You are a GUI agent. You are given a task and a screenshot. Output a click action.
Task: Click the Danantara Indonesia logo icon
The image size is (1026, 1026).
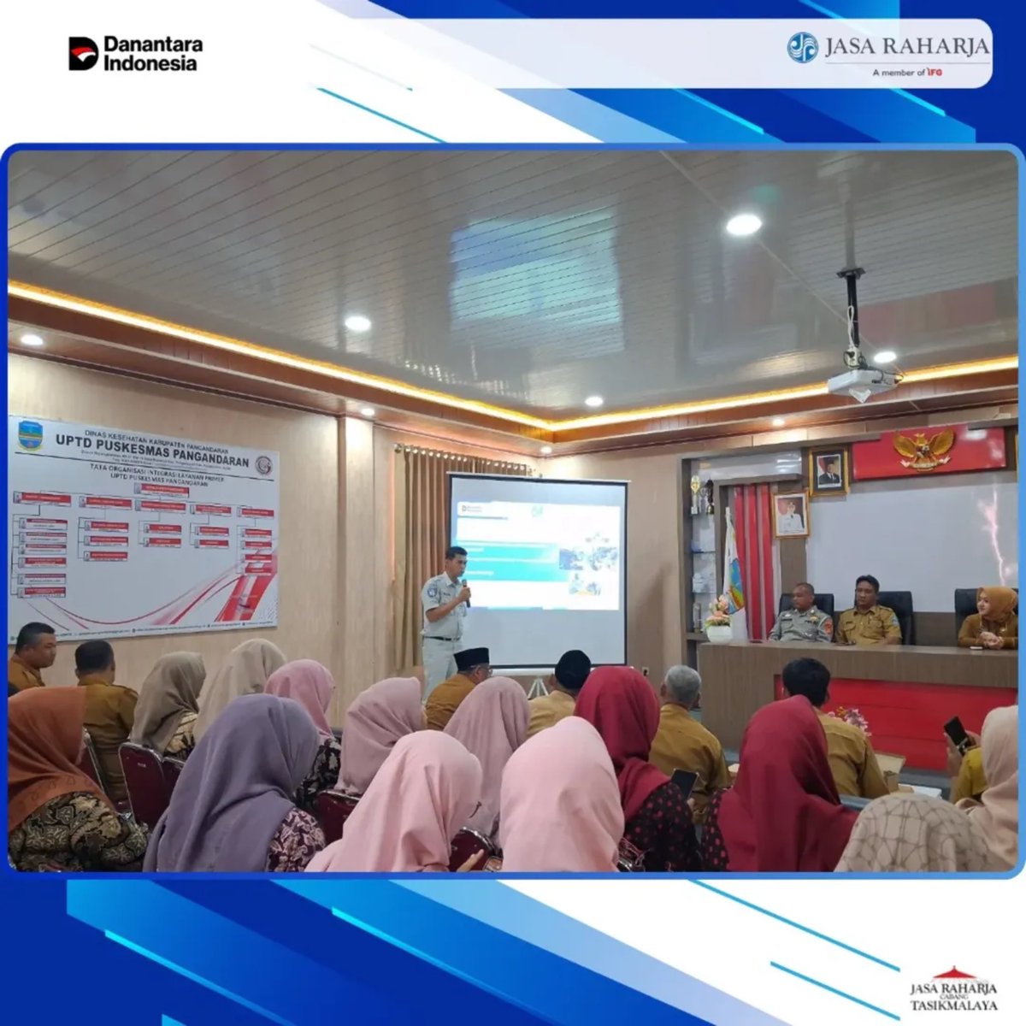tap(83, 53)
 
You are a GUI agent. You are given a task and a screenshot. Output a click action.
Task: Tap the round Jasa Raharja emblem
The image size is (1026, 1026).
tap(802, 47)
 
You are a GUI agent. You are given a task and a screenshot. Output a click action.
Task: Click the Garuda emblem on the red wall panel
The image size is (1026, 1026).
tap(923, 447)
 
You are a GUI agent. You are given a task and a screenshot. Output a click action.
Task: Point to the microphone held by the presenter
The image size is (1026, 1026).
tap(465, 590)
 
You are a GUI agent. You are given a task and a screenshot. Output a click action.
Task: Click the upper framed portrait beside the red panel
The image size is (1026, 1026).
tap(828, 469)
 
